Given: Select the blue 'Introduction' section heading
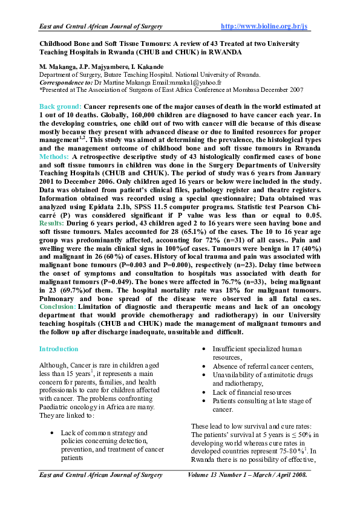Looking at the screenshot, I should pyautogui.click(x=59, y=349).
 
